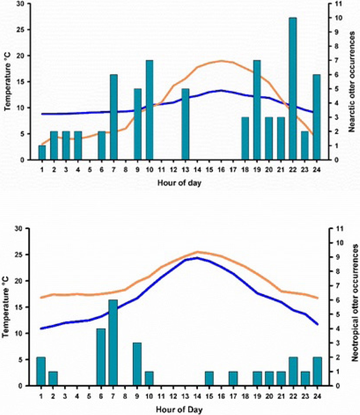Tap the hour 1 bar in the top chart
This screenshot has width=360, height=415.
tap(42, 153)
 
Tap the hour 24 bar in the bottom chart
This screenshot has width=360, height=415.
tap(317, 371)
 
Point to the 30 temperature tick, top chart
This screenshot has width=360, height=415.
tap(24, 4)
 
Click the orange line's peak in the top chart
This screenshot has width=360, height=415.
tap(222, 61)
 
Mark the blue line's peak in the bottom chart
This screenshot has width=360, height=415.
tap(197, 258)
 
